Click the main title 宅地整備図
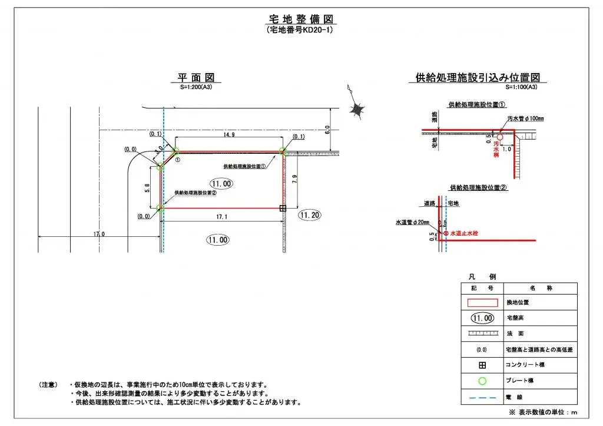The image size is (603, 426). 302,19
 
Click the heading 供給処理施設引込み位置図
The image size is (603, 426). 478,78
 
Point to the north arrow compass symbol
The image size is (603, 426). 356,108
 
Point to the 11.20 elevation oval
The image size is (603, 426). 309,215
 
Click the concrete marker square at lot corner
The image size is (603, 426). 283,208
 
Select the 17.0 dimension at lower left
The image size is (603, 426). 98,235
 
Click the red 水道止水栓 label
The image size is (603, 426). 465,234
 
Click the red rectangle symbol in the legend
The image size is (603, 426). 482,302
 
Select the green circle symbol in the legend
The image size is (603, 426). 482,381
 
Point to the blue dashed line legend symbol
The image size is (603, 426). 482,397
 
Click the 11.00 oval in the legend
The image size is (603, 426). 482,318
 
